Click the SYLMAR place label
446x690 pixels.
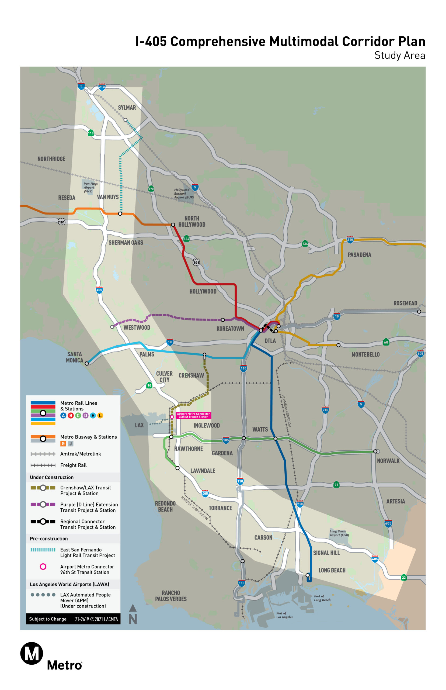click(127, 108)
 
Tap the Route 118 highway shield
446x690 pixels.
click(91, 133)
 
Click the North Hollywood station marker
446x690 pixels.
click(173, 225)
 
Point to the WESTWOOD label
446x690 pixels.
click(137, 327)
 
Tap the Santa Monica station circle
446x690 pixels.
click(87, 363)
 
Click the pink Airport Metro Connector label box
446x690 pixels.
click(193, 415)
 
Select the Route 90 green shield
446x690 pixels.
click(149, 385)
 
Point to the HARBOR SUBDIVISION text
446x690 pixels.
click(194, 508)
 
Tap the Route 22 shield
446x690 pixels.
click(404, 577)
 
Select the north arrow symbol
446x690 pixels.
click(133, 614)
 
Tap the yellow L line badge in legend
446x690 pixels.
click(100, 415)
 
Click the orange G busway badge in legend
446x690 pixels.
click(63, 443)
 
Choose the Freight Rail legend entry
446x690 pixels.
click(73, 465)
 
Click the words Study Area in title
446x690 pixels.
click(400, 55)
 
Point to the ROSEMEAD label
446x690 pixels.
click(405, 303)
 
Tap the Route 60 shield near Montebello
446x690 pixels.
click(386, 342)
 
